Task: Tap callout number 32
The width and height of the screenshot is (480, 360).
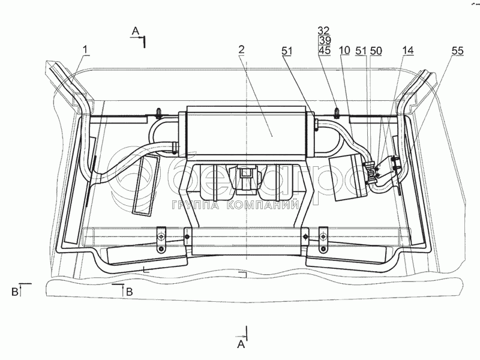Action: (x=324, y=31)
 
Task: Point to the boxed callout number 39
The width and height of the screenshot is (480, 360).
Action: (x=324, y=40)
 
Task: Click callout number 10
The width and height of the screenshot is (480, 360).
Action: (x=344, y=52)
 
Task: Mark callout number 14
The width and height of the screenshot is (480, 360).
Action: (x=408, y=52)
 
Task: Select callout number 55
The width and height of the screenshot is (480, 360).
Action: (x=457, y=52)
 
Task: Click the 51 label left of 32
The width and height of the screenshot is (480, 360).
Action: (x=286, y=52)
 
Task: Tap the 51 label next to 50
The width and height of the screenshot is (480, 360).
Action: (x=361, y=52)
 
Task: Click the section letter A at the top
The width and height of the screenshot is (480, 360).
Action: (x=136, y=31)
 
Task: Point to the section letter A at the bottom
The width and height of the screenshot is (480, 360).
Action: (x=241, y=343)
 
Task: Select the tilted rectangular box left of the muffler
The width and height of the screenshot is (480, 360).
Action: (x=144, y=186)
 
